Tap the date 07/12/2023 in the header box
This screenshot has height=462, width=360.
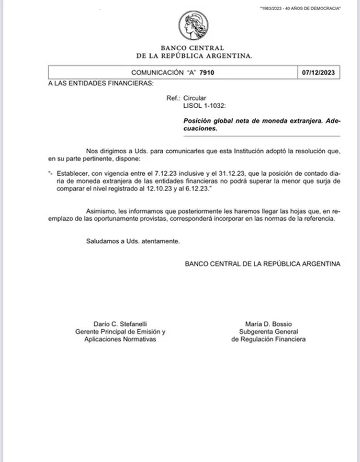[x=318, y=72]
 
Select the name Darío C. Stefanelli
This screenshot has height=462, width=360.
[x=120, y=324]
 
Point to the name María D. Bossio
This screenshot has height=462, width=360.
[x=268, y=324]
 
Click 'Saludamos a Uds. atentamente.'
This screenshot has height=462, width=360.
[x=133, y=241]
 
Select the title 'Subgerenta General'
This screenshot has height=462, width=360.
[x=268, y=332]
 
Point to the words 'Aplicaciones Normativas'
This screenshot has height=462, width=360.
[x=120, y=339]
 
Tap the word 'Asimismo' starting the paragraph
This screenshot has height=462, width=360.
[x=100, y=211]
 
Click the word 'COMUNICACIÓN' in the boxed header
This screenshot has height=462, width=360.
[x=158, y=72]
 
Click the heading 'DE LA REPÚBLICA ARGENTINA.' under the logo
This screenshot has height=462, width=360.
[x=194, y=56]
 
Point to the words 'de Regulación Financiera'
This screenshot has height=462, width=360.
[x=268, y=339]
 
